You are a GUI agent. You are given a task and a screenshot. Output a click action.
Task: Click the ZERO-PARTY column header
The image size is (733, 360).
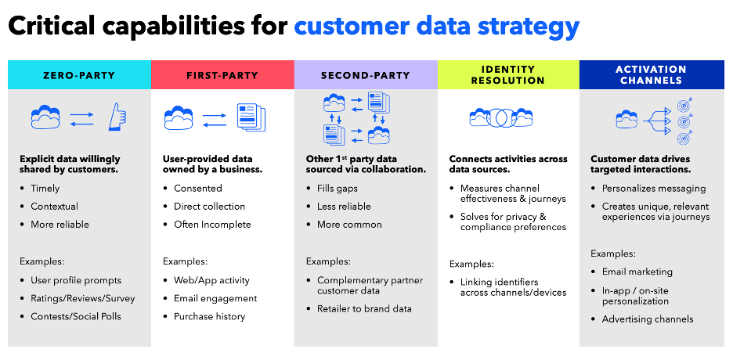click(x=79, y=75)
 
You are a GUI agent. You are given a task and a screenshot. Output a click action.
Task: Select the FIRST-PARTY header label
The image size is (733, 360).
click(x=222, y=75)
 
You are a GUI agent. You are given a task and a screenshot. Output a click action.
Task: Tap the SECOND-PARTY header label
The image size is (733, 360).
click(x=365, y=75)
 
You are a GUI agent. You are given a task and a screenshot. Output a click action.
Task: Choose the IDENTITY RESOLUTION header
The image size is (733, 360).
click(x=508, y=75)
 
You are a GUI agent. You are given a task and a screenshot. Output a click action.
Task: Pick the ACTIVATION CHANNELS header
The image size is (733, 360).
click(x=652, y=75)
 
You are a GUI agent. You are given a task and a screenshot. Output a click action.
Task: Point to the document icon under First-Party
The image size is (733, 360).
click(x=251, y=118)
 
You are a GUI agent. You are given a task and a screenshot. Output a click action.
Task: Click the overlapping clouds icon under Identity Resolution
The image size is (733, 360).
click(x=501, y=118)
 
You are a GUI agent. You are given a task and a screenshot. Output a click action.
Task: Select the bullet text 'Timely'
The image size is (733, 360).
click(x=45, y=188)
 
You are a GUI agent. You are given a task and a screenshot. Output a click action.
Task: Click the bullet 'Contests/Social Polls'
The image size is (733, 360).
click(x=77, y=316)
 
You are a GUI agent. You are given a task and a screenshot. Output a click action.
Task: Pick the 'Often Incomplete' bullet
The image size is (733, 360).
click(x=212, y=224)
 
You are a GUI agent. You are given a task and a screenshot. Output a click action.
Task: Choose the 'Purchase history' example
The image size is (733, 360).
click(x=209, y=316)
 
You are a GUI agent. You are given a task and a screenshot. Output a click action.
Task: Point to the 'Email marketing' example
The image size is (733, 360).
click(x=637, y=272)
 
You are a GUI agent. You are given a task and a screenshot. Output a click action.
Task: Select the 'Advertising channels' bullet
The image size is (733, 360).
click(x=647, y=319)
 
